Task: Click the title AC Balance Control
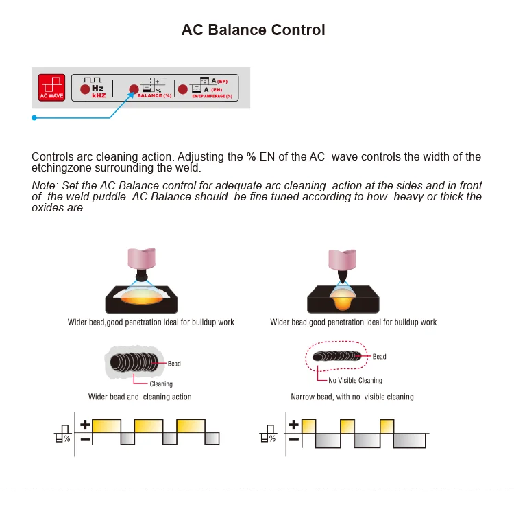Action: pos(253,30)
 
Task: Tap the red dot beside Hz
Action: pos(85,89)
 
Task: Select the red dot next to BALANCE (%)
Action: pos(134,89)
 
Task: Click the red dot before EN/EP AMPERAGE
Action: pos(182,89)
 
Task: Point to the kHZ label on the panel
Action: pos(98,95)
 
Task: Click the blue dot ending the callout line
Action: pos(33,117)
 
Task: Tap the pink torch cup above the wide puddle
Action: pos(143,259)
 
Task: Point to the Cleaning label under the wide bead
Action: pos(161,384)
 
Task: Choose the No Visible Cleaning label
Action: pos(355,380)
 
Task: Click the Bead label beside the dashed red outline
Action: pos(379,357)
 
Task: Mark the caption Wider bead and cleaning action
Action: pos(140,397)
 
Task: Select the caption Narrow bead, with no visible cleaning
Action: pos(352,397)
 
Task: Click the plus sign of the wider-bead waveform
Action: pos(85,425)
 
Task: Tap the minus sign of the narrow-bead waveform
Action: pos(293,439)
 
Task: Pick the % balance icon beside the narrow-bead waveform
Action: pos(267,436)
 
